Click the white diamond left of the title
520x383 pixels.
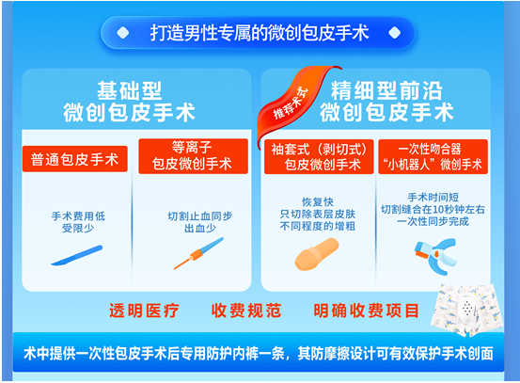pyautogui.click(x=123, y=33)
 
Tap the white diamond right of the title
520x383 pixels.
pyautogui.click(x=394, y=33)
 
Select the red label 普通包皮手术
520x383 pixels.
pyautogui.click(x=75, y=159)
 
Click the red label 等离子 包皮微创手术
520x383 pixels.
pyautogui.click(x=193, y=156)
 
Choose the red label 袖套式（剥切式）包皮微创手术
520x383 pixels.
pyautogui.click(x=319, y=156)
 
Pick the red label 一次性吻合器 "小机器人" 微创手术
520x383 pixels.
pyautogui.click(x=433, y=156)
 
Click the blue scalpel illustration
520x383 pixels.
pyautogui.click(x=76, y=256)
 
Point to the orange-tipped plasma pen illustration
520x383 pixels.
pyautogui.click(x=198, y=253)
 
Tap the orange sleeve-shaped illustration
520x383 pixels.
pyautogui.click(x=317, y=254)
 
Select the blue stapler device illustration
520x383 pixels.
pyautogui.click(x=435, y=256)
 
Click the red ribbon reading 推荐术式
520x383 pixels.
pyautogui.click(x=292, y=103)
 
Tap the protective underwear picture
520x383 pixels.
pyautogui.click(x=467, y=311)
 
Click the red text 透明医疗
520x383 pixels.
pyautogui.click(x=144, y=311)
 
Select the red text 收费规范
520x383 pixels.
pyautogui.click(x=246, y=311)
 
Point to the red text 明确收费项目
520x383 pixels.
pyautogui.click(x=366, y=311)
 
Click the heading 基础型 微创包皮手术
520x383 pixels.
pyautogui.click(x=129, y=102)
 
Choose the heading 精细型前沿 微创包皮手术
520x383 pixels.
pyautogui.click(x=386, y=102)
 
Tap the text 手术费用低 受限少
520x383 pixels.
pyautogui.click(x=78, y=222)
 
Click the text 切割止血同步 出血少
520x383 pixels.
pyautogui.click(x=200, y=222)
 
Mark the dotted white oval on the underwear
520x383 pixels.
pyautogui.click(x=467, y=309)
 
